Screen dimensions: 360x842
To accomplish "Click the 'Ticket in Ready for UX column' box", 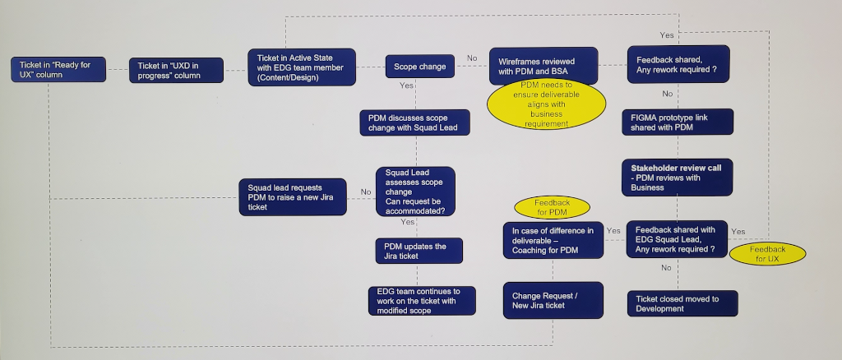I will pos(58,70).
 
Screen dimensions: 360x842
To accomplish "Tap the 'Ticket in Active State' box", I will pos(301,67).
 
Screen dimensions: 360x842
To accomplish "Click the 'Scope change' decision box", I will pos(419,67).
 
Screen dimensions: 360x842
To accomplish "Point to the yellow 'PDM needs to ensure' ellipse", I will pos(546,104).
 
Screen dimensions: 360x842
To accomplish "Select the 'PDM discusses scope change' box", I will pos(414,122).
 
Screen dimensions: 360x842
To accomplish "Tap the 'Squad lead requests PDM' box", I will pos(293,196).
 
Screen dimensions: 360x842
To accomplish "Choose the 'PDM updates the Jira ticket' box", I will pos(418,251).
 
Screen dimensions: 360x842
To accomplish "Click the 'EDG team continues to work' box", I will pos(421,301).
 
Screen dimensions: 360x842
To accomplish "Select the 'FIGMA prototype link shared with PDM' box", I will pos(677,122).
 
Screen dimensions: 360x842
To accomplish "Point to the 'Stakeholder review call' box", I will pos(677,178).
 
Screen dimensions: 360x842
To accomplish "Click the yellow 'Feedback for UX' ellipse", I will pos(766,253).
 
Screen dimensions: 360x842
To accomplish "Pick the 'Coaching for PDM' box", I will pos(553,240).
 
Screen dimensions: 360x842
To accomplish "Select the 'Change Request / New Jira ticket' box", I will pos(553,300).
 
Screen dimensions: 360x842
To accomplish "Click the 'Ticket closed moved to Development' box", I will pos(682,303).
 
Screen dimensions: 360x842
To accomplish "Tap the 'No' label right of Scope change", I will pos(472,58).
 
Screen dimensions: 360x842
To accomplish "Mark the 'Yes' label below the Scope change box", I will pos(406,85).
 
